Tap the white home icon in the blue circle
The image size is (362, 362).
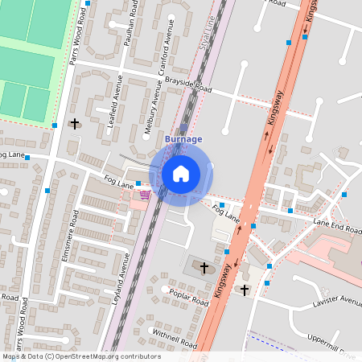click(x=181, y=173)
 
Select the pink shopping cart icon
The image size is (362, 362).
click(x=145, y=194)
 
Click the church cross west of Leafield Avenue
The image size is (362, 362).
click(x=76, y=124)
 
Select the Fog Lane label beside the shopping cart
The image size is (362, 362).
click(x=118, y=184)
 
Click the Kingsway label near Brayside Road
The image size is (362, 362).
click(x=274, y=121)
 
